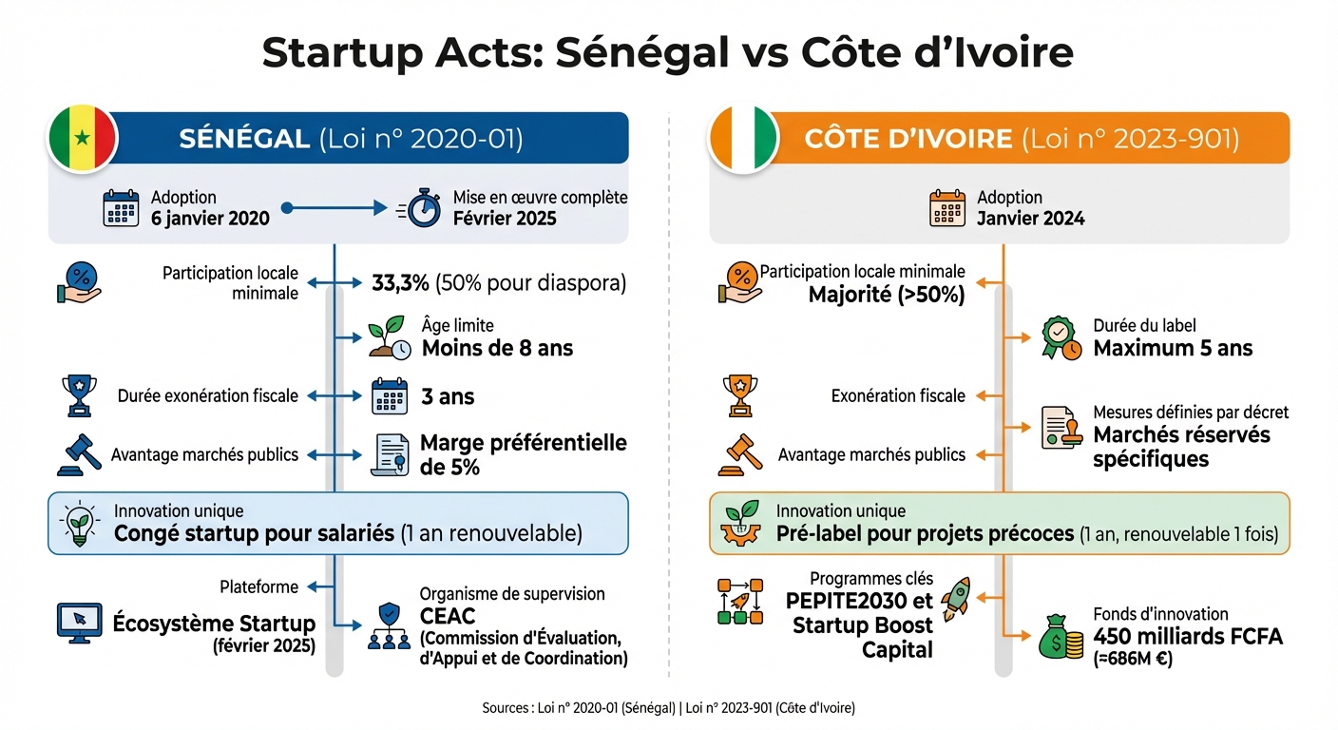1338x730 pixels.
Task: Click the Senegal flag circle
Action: [83, 139]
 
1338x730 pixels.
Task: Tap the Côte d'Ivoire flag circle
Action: [742, 139]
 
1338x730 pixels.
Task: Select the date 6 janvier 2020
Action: [210, 218]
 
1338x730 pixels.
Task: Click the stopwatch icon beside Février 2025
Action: [424, 208]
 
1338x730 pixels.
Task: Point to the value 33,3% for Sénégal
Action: [393, 283]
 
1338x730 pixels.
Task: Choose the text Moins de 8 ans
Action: [497, 348]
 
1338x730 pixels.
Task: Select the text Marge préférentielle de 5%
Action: [523, 454]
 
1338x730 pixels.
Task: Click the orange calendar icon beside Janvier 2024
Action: [947, 208]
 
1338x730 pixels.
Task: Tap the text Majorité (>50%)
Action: [886, 295]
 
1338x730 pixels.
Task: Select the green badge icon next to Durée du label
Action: [1061, 338]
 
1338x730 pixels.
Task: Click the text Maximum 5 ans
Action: [1173, 348]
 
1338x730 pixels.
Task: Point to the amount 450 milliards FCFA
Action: [1188, 637]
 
